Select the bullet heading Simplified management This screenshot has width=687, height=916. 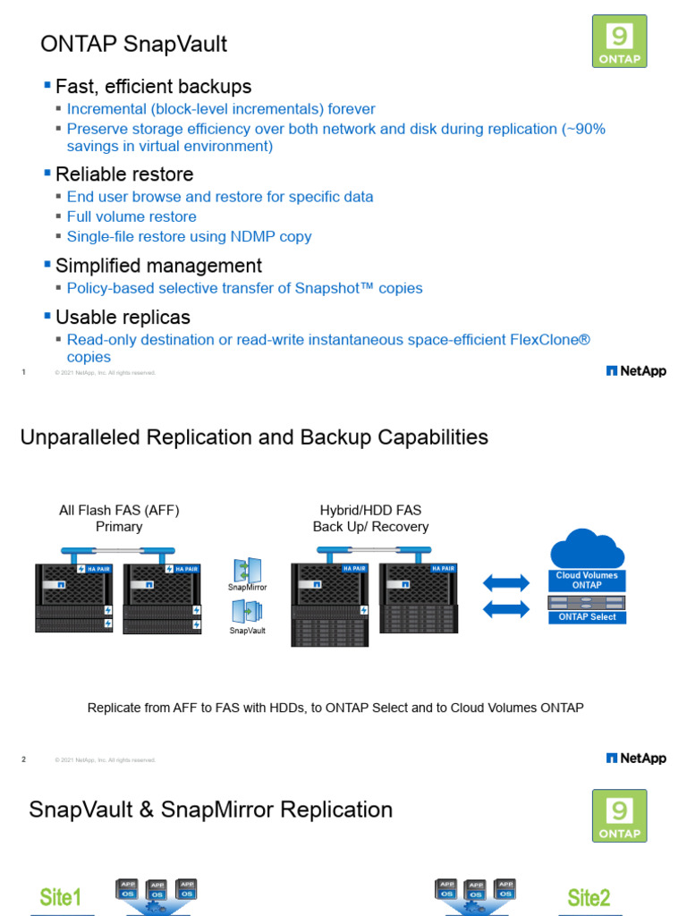pos(158,266)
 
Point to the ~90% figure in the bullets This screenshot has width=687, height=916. pos(584,129)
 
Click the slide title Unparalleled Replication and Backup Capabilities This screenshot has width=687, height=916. pos(254,437)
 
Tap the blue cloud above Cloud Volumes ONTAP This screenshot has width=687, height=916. pos(587,547)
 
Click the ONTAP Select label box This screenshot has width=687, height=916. pos(587,617)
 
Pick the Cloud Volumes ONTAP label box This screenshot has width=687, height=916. pos(587,581)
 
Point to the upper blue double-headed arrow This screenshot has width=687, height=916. pos(505,583)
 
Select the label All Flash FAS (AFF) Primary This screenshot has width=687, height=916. pos(119,518)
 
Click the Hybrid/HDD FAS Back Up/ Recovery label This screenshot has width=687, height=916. pos(370,518)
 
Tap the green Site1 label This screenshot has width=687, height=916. pos(61,897)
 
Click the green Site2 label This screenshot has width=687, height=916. pos(589,897)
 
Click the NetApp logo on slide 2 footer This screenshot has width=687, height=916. pos(636,759)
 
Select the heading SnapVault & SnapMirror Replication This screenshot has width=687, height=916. pos(211,810)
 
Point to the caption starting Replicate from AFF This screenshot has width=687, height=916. pos(335,708)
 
